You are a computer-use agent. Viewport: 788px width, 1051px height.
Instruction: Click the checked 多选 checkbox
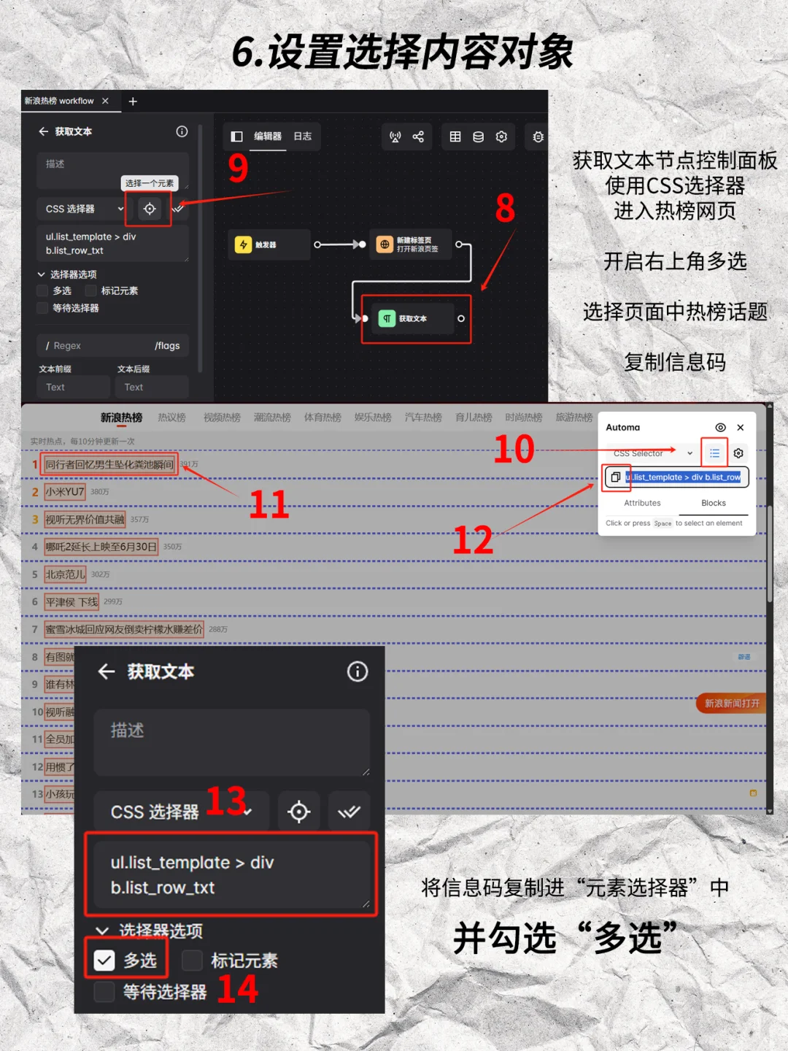click(104, 960)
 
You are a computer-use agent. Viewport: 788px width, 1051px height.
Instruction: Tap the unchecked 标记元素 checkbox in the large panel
click(192, 960)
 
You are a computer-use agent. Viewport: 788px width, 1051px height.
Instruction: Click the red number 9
click(239, 169)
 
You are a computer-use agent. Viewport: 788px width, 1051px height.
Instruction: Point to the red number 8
click(505, 209)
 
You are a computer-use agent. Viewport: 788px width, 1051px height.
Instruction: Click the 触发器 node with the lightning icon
click(268, 245)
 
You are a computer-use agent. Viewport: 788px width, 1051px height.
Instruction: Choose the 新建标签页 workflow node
click(412, 245)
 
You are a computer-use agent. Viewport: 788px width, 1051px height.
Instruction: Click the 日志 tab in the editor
click(302, 136)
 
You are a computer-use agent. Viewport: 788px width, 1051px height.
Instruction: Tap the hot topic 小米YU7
click(65, 492)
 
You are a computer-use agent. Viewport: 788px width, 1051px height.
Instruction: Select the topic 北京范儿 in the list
click(65, 574)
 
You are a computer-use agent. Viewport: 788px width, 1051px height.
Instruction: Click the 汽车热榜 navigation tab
click(423, 417)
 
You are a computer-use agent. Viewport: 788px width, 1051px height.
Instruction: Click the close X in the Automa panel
click(741, 428)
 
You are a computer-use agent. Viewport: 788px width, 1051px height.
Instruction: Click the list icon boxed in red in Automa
click(714, 453)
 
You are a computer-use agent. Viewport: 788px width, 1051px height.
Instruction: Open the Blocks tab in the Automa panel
click(713, 503)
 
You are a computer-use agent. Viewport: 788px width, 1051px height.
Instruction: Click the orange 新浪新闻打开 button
click(731, 703)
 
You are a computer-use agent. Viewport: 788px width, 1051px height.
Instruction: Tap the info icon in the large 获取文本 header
click(357, 671)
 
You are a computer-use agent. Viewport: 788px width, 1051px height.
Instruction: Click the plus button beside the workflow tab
click(133, 101)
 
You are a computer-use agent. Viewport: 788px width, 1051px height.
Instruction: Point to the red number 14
click(238, 990)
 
